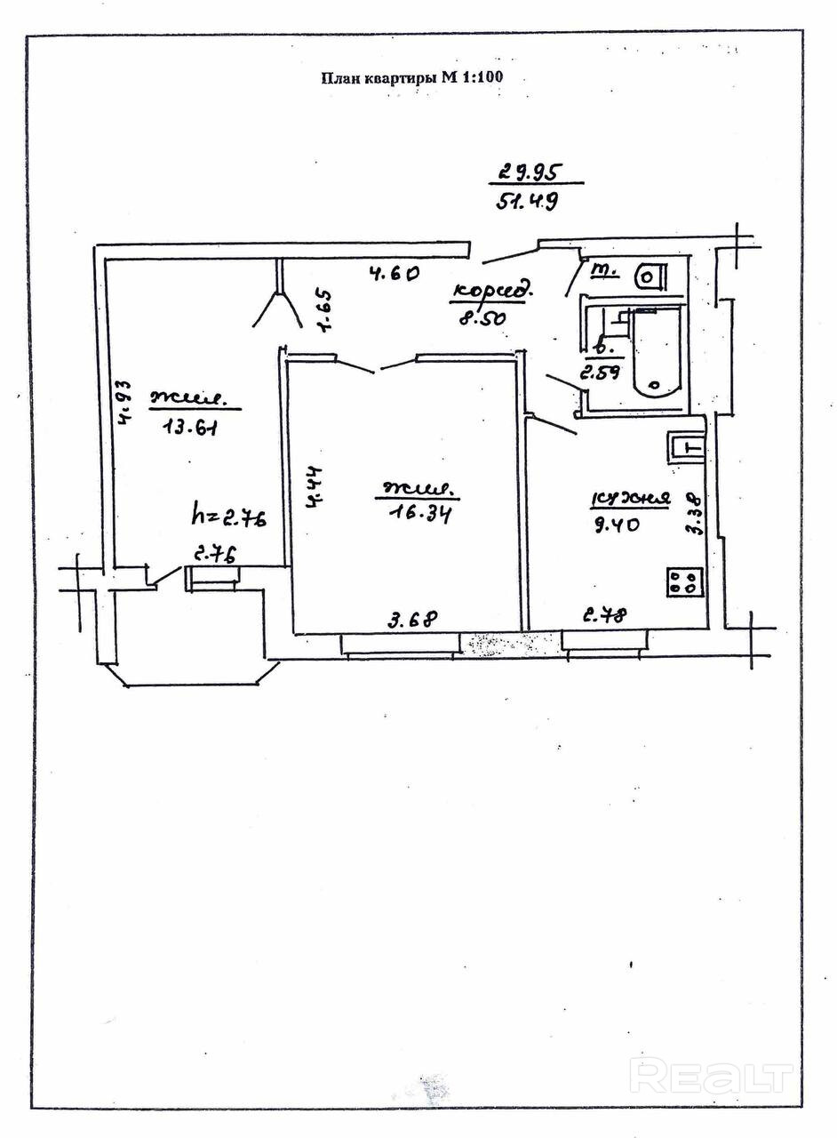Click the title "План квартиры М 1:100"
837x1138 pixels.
(x=411, y=77)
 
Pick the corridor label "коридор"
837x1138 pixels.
(x=493, y=291)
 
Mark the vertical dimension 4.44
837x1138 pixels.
(x=315, y=487)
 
